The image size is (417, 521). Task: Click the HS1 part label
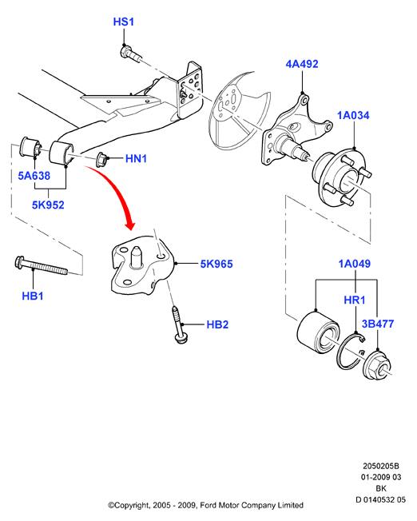click(124, 22)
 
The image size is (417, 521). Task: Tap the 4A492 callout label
click(302, 64)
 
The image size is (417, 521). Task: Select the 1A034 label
click(353, 115)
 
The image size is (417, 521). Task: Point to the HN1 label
click(136, 158)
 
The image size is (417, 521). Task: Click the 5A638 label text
click(34, 176)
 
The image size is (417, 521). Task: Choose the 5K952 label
click(48, 205)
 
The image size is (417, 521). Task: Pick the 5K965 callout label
click(216, 264)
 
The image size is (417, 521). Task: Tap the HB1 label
click(33, 296)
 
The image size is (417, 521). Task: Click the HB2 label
click(217, 324)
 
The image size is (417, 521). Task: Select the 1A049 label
click(354, 264)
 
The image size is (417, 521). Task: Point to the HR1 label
click(355, 300)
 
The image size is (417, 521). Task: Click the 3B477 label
click(378, 324)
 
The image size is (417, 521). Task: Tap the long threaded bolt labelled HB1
click(42, 265)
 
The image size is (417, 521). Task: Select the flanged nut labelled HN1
click(101, 160)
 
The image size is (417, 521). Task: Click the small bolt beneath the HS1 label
click(130, 54)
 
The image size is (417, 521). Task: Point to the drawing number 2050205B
click(381, 466)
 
